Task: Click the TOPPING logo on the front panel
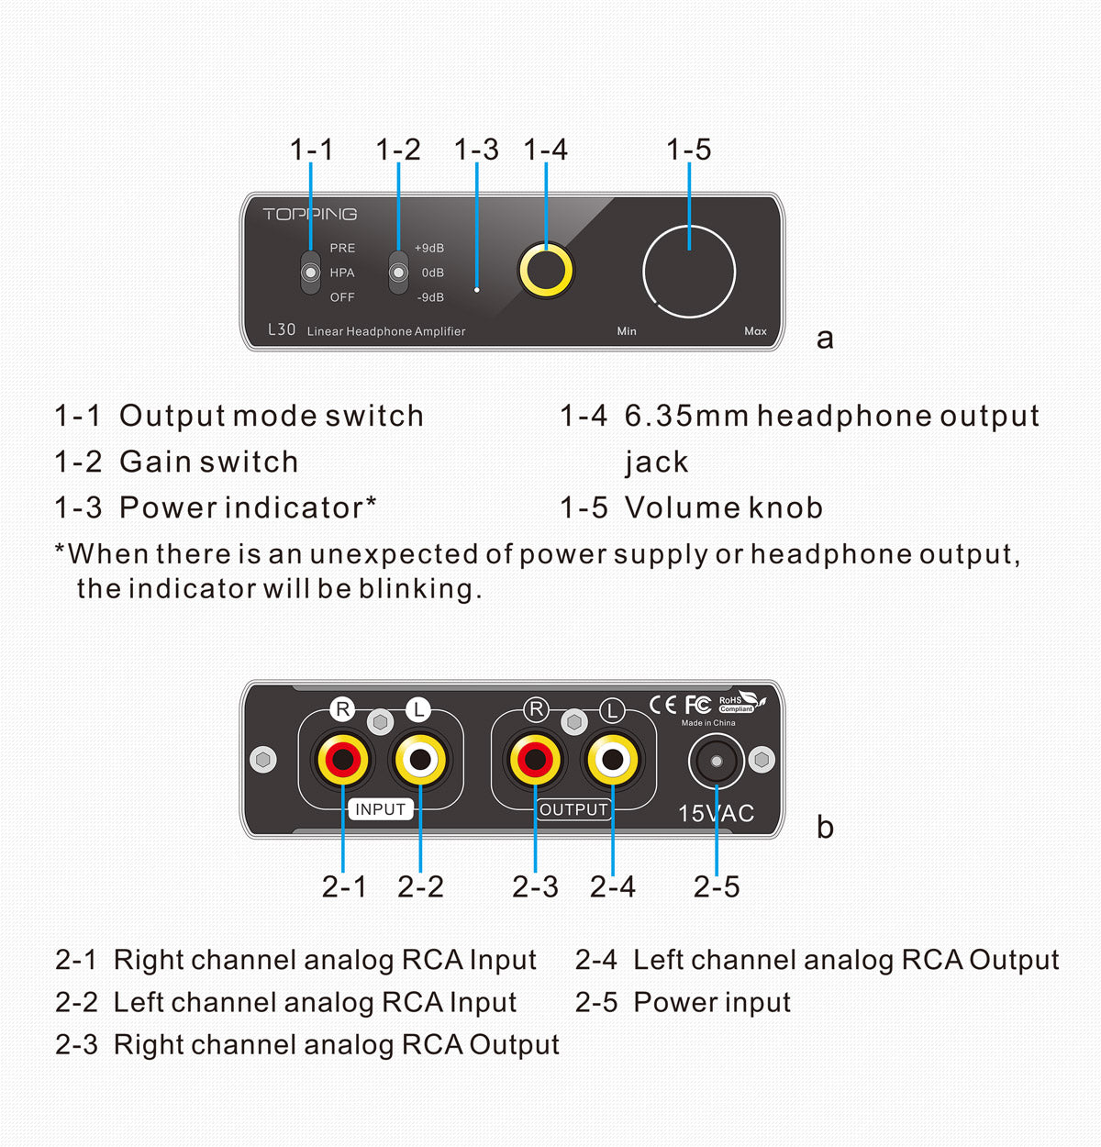309,215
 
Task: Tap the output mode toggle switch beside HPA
311,273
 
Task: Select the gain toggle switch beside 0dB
398,273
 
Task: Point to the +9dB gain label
428,249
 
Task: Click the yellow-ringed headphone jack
546,271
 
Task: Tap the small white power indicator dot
476,290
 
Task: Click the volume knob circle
689,273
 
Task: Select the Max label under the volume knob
755,331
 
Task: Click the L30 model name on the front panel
282,329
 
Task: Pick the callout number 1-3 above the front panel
476,150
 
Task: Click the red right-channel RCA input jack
343,760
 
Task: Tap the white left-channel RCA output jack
612,760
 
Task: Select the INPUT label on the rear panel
380,809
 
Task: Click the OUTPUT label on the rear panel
573,809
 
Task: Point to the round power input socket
717,762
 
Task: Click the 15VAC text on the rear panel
716,814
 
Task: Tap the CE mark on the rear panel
662,705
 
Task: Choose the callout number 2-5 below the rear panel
717,886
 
